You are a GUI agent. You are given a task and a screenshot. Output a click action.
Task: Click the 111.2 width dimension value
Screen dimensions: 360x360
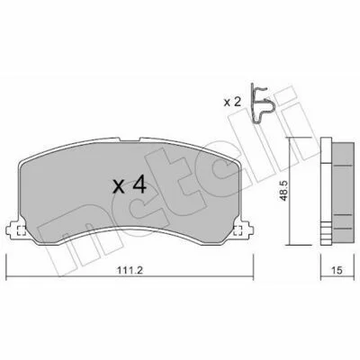click(130, 270)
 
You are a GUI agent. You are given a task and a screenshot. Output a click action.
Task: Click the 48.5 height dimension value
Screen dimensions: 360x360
click(283, 191)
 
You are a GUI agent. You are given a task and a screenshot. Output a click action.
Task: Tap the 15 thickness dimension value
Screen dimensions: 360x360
click(337, 270)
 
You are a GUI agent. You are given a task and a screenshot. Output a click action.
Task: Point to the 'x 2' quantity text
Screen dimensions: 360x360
click(232, 103)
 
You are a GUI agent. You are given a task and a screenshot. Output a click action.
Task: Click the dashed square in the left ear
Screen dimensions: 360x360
click(21, 230)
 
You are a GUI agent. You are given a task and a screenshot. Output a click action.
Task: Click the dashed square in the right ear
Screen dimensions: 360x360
click(238, 230)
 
